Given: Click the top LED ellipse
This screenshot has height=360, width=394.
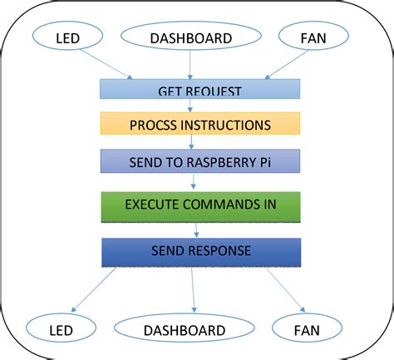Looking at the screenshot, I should (67, 38).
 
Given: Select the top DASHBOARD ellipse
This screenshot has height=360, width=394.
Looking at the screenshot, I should (190, 37).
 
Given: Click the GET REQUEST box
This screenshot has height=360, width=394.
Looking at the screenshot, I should (199, 89).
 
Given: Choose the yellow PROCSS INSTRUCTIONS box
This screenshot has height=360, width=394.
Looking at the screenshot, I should (199, 124).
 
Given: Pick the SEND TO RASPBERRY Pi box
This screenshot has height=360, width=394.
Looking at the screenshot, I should (199, 160).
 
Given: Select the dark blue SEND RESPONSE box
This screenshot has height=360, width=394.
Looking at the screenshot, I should (199, 251).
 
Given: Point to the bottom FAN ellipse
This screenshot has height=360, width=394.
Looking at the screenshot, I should (307, 330).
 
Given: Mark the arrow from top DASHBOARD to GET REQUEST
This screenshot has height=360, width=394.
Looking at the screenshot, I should (191, 65).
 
